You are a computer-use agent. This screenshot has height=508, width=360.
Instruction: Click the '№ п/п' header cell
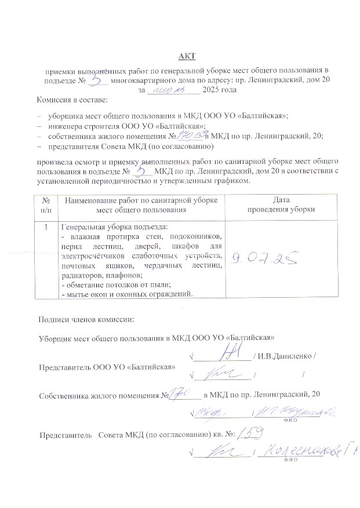pos(46,204)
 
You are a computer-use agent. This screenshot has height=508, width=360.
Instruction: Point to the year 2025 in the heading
pos(221,90)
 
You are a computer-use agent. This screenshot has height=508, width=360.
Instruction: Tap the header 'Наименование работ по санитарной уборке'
pos(141,199)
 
